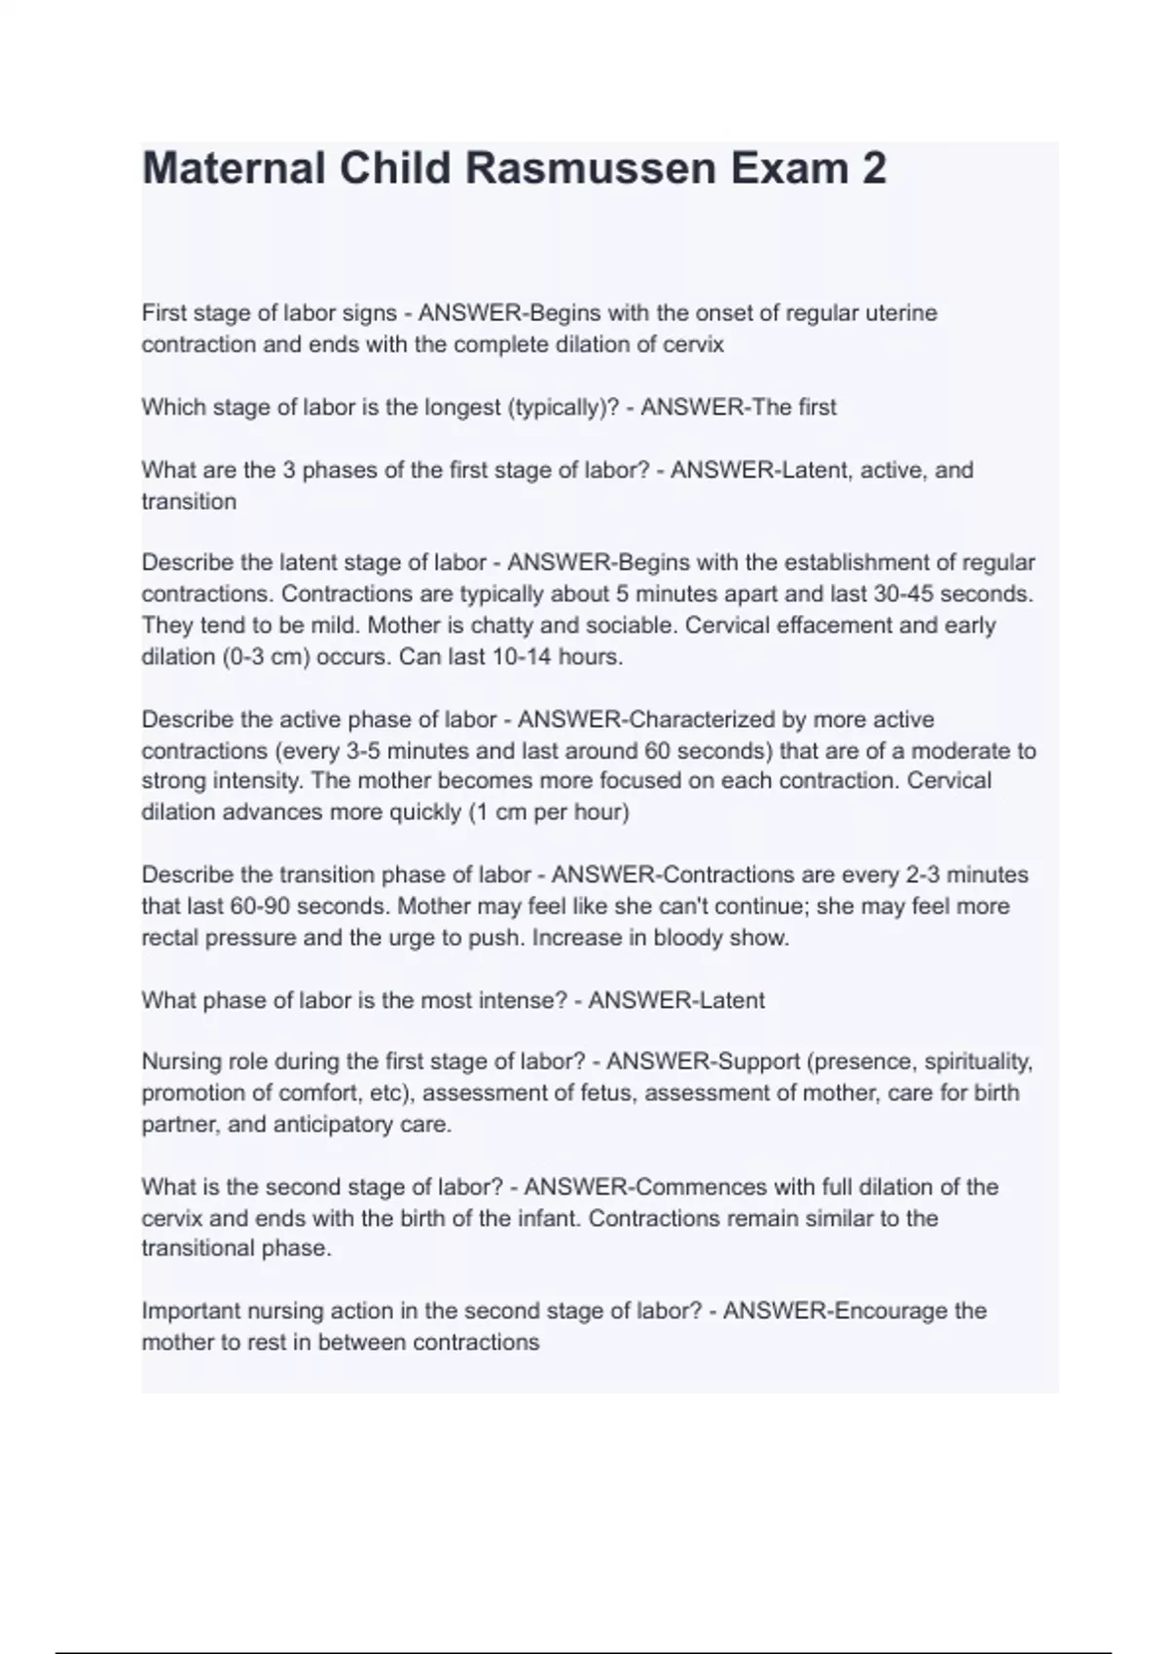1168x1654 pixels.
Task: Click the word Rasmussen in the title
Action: click(x=590, y=168)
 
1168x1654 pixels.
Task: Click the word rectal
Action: click(x=172, y=938)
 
